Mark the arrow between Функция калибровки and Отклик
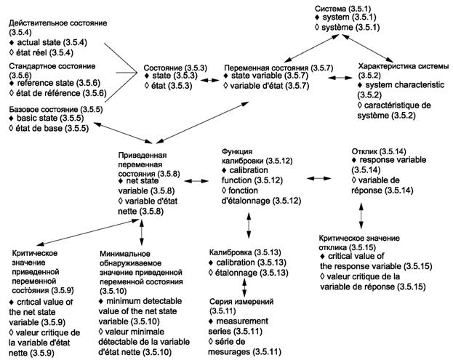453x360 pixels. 313,177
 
